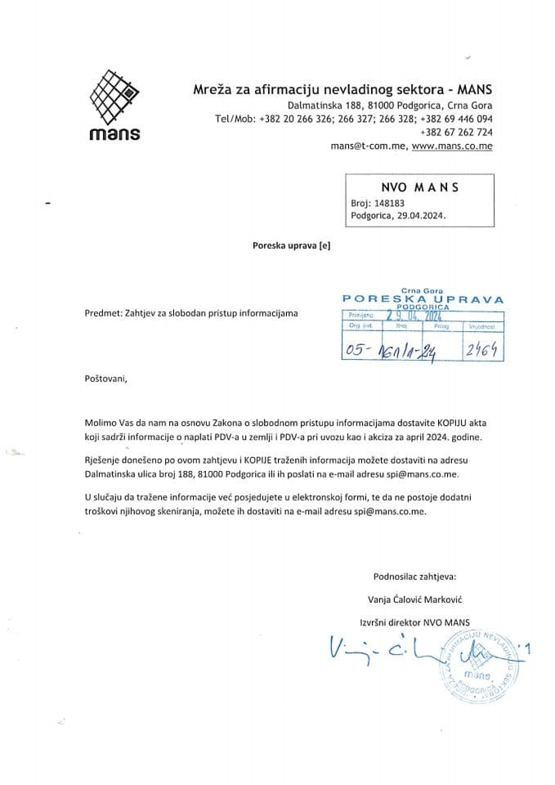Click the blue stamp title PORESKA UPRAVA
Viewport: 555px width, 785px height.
422,298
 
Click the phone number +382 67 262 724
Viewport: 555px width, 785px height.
455,132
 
